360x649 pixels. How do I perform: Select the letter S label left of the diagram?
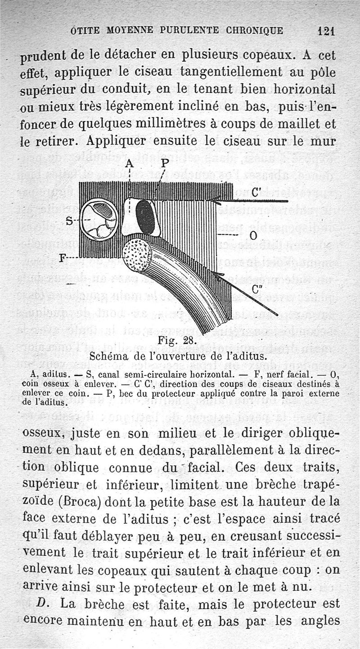point(69,221)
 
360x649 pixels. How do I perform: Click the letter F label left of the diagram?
point(64,258)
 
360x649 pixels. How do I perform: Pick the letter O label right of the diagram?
point(253,235)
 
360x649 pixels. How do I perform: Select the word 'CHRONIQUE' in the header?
point(255,31)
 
